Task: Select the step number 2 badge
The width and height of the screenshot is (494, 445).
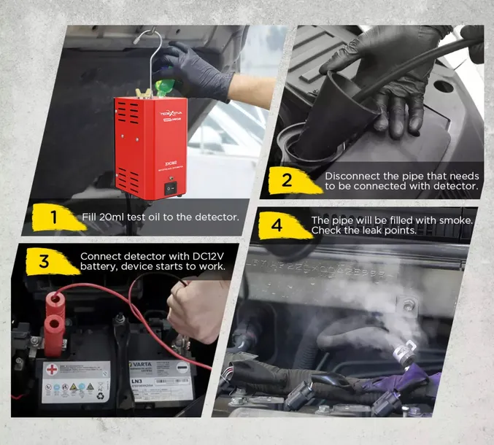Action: click(x=287, y=179)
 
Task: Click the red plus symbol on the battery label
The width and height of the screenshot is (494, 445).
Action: click(x=52, y=371)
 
